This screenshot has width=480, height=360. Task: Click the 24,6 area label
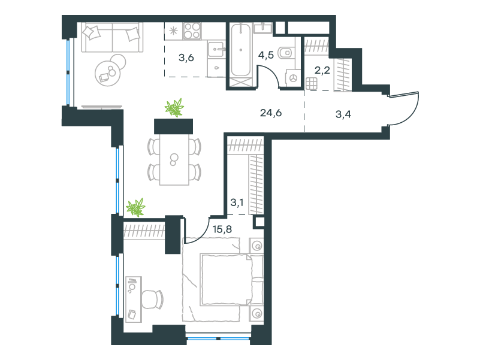[271, 113]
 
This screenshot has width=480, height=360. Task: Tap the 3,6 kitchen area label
[186, 58]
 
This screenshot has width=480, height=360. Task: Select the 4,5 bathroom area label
[265, 55]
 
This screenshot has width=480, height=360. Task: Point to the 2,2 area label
[322, 70]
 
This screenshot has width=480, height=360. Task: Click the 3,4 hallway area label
[343, 114]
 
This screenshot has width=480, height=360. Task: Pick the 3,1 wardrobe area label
[237, 202]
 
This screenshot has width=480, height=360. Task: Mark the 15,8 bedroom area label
[222, 229]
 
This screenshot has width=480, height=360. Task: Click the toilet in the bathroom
[286, 53]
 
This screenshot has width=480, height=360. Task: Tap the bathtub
[241, 50]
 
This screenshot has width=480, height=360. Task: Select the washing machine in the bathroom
[293, 78]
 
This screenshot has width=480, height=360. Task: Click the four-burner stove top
[192, 31]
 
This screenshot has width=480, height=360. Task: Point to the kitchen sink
[216, 49]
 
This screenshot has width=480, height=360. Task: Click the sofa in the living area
[112, 37]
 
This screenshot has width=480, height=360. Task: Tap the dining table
[174, 159]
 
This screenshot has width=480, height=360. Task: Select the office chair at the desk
[152, 300]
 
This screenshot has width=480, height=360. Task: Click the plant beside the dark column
[174, 108]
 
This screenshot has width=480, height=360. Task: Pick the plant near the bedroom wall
[135, 207]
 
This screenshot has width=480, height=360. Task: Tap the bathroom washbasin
[262, 28]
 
